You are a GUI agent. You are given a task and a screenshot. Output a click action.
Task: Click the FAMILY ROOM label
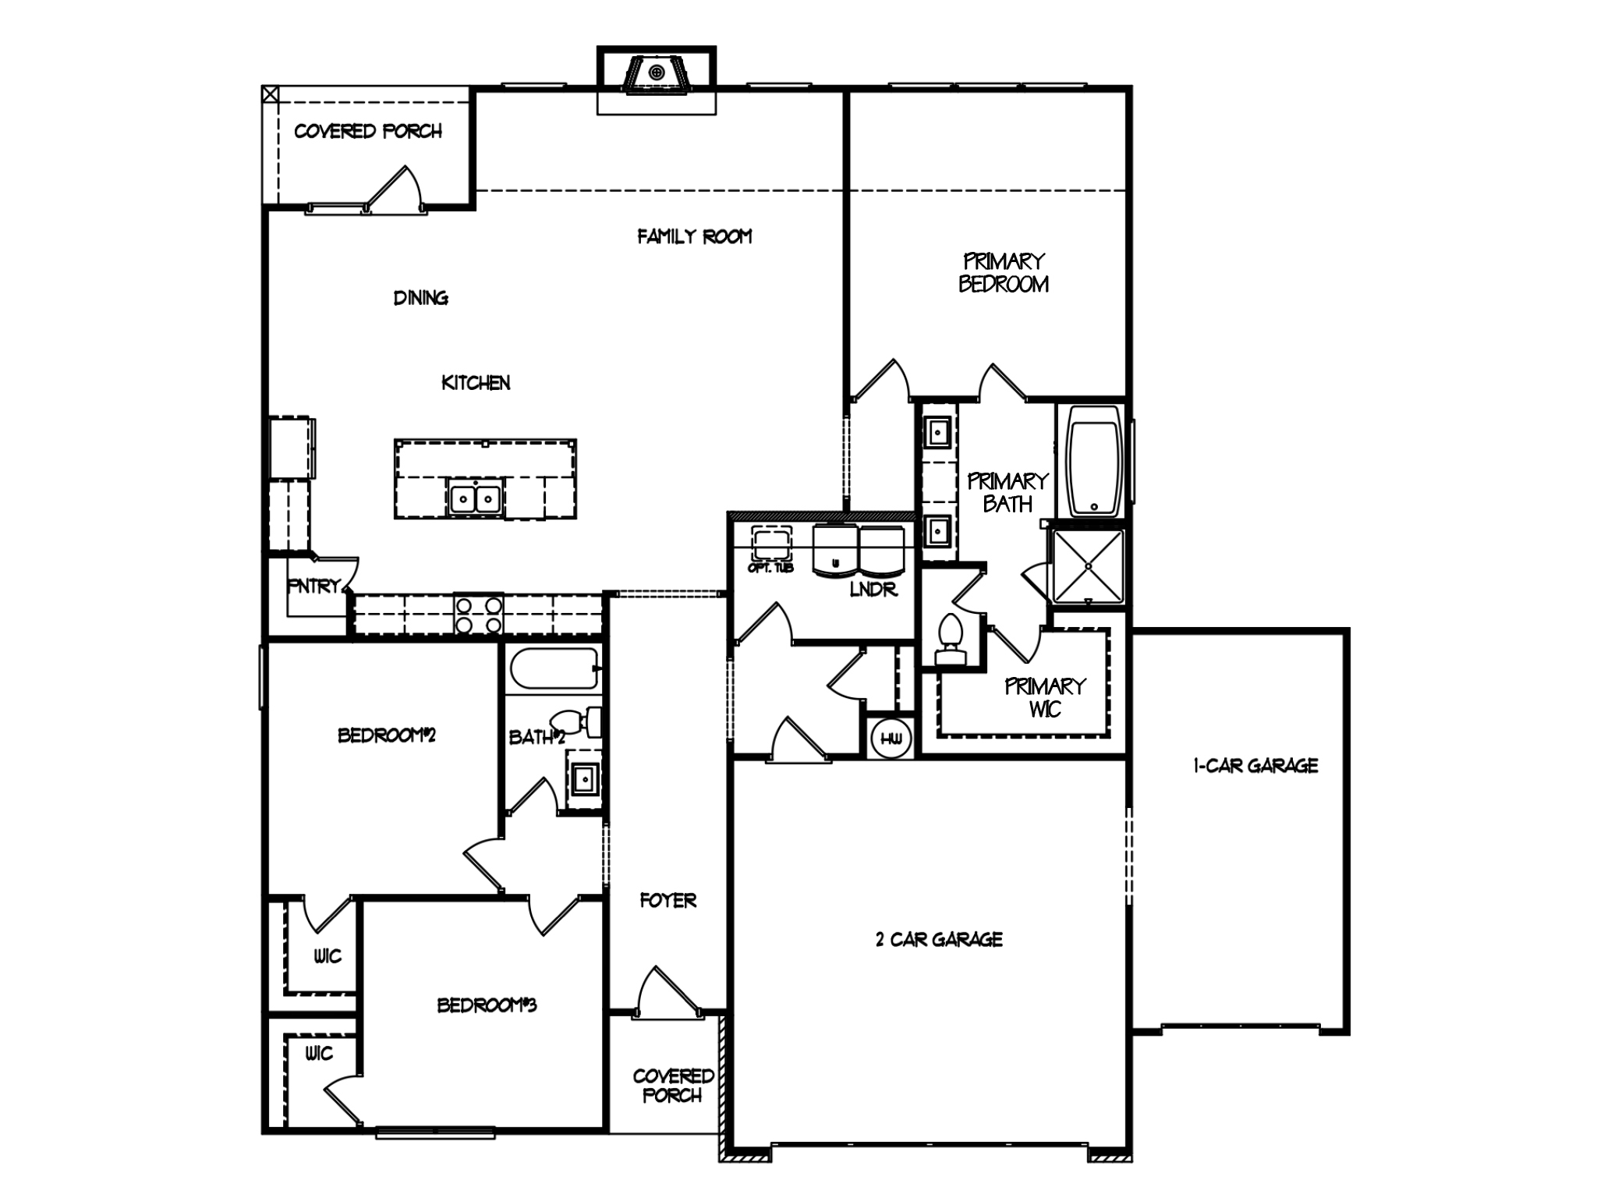694,236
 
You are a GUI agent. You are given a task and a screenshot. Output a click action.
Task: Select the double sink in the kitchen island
475,498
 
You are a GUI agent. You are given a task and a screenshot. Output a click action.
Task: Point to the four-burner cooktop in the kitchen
479,615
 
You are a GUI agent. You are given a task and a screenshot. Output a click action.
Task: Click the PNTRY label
313,586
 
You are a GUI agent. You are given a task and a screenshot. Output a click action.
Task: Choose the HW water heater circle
891,738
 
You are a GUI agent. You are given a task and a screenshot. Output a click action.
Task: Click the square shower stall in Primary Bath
1088,566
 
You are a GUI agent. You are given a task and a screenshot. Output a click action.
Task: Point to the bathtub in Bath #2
554,668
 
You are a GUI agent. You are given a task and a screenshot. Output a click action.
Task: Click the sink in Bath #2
583,778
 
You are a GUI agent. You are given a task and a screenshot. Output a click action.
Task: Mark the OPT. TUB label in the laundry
770,568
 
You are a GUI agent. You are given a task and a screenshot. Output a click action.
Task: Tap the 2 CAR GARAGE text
939,939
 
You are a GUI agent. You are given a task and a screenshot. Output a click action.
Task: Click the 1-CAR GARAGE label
1255,766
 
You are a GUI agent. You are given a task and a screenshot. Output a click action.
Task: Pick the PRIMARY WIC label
1044,697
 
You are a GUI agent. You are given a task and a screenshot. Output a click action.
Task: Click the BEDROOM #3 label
487,1005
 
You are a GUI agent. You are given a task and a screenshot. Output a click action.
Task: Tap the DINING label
420,297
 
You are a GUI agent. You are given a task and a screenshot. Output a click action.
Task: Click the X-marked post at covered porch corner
270,94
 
